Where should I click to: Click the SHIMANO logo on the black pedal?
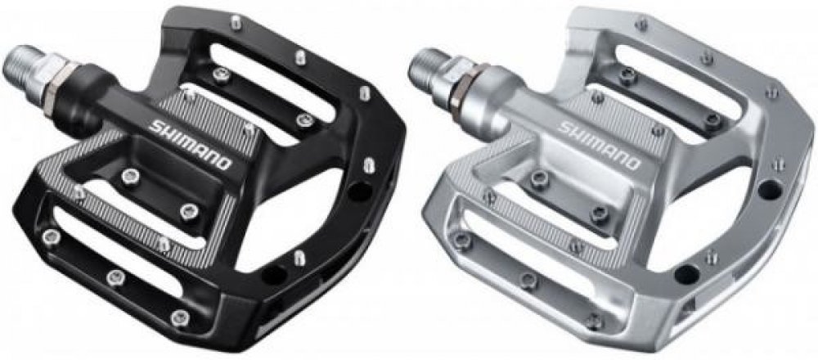[191, 145]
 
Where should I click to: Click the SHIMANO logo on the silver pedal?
[600, 145]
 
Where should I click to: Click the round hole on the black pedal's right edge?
[361, 191]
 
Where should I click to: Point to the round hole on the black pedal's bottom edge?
[274, 274]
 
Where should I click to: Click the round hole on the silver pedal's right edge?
[770, 189]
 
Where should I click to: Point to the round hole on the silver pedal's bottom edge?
[686, 274]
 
